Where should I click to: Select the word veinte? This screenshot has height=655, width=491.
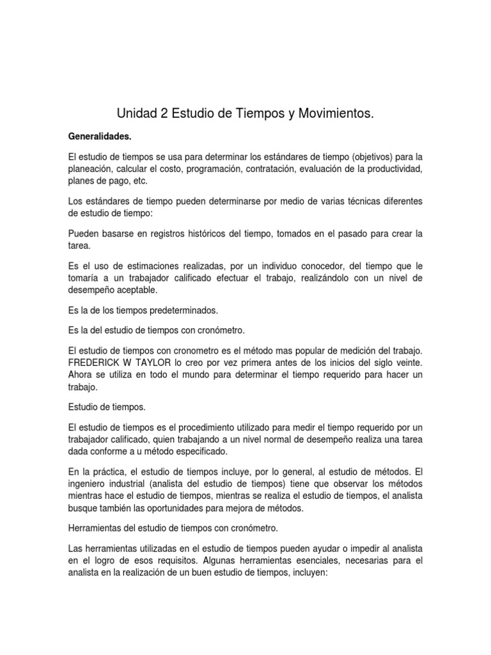tap(409, 363)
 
